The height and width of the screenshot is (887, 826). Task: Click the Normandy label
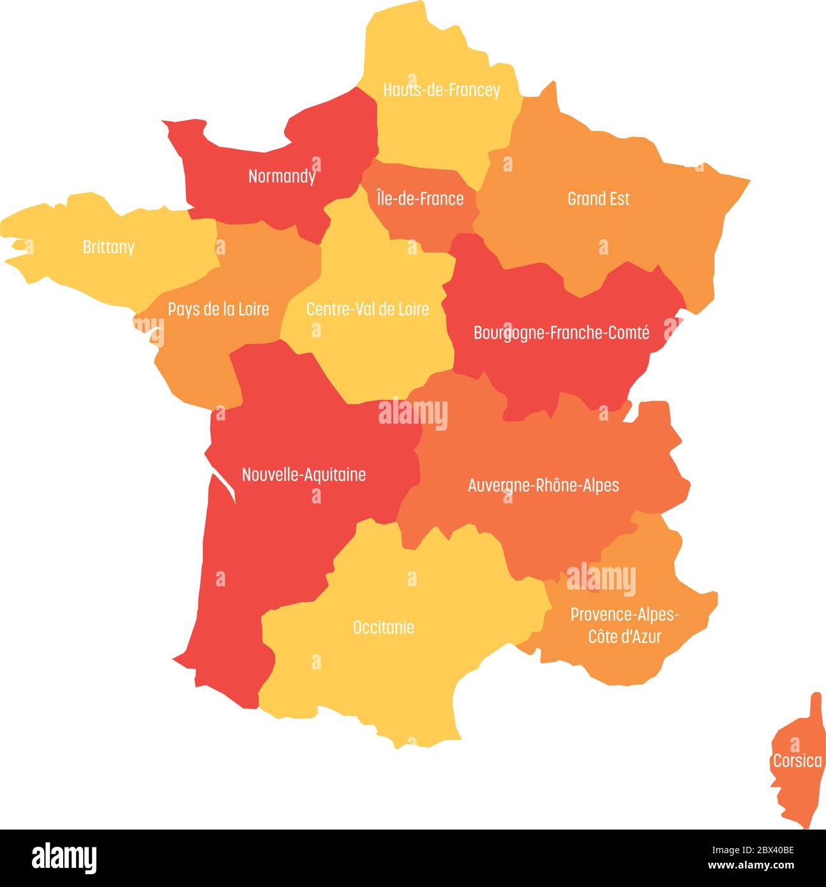pyautogui.click(x=282, y=176)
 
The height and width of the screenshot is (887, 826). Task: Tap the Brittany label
pyautogui.click(x=109, y=247)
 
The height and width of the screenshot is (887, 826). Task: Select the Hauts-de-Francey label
pyautogui.click(x=441, y=90)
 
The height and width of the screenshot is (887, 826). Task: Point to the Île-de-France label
pyautogui.click(x=419, y=199)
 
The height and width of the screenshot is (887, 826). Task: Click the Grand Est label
pyautogui.click(x=598, y=199)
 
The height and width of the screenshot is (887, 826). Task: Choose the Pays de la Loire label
pyautogui.click(x=218, y=309)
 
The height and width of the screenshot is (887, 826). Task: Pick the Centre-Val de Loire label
pyautogui.click(x=367, y=309)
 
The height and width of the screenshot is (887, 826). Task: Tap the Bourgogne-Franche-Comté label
pyautogui.click(x=561, y=332)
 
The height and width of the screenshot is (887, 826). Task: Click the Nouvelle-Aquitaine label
pyautogui.click(x=304, y=475)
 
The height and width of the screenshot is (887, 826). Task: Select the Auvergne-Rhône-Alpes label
pyautogui.click(x=543, y=486)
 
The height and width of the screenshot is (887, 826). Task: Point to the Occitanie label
pyautogui.click(x=383, y=627)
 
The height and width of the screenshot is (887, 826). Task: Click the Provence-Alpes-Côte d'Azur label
pyautogui.click(x=624, y=625)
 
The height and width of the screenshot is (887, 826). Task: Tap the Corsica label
pyautogui.click(x=797, y=761)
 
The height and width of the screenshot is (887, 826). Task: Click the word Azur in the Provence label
pyautogui.click(x=644, y=637)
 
